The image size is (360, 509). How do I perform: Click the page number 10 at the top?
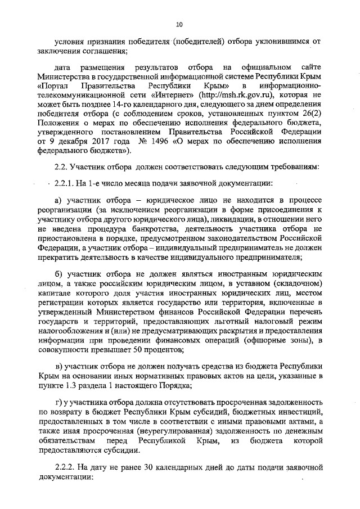179,24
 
